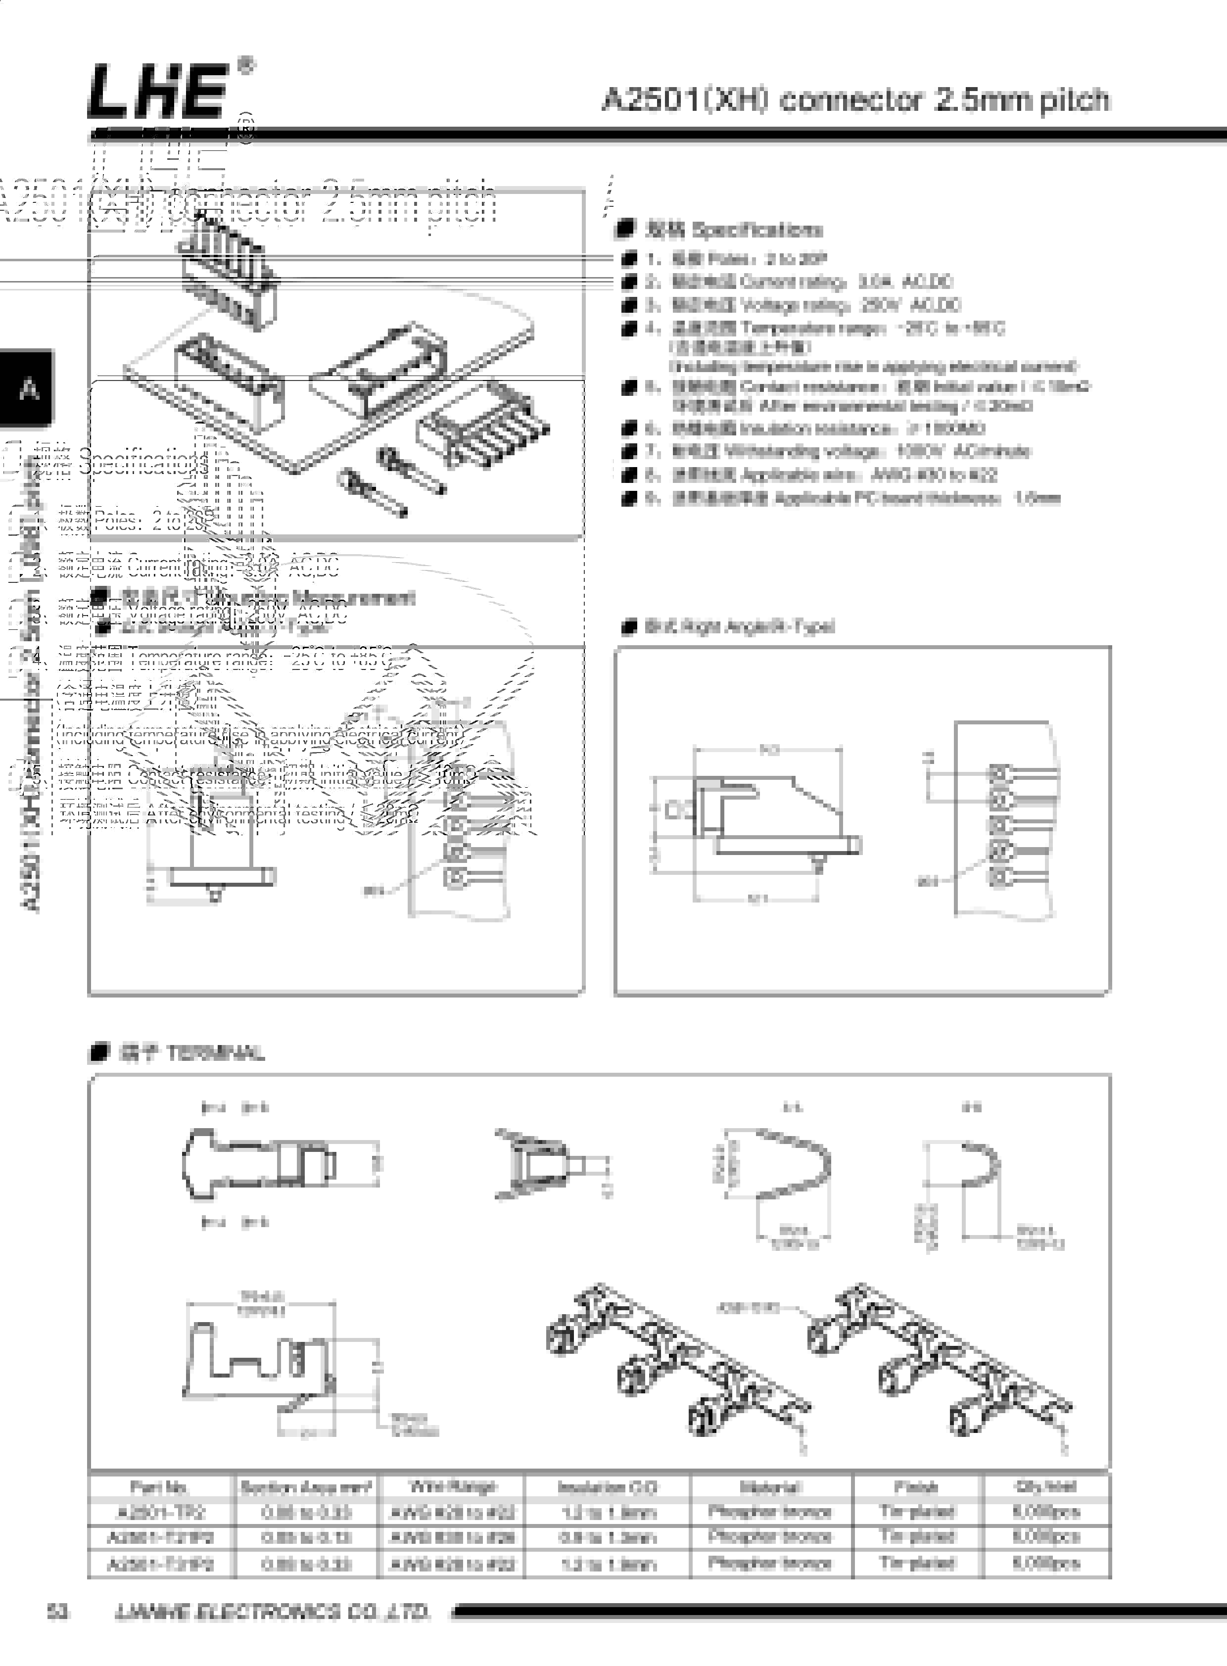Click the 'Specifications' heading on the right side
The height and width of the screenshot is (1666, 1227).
click(x=756, y=230)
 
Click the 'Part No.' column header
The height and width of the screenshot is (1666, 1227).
click(x=159, y=1487)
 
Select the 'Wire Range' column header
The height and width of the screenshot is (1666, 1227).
click(x=452, y=1486)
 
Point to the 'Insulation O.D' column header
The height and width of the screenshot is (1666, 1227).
click(x=607, y=1487)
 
